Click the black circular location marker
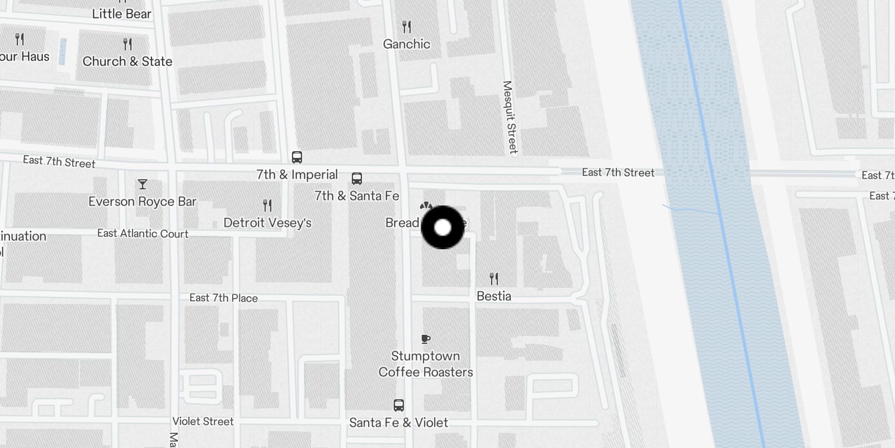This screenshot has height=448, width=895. [x=442, y=227]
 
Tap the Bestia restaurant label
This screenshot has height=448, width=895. [x=493, y=296]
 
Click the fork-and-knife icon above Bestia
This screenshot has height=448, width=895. [x=493, y=278]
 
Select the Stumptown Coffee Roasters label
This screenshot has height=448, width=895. [x=426, y=364]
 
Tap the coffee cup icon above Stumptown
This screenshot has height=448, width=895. [x=426, y=339]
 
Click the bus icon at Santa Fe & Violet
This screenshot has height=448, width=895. [x=399, y=405]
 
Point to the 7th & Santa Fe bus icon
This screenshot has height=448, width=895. [x=356, y=179]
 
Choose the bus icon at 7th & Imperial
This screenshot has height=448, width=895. [x=297, y=157]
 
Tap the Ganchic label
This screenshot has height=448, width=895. [x=407, y=44]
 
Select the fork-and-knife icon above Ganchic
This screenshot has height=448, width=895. [x=407, y=26]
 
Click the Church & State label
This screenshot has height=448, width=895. [x=128, y=62]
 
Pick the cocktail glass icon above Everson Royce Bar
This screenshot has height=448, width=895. [x=143, y=184]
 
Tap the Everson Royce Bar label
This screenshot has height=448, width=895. [x=142, y=202]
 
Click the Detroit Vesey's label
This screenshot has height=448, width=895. [x=267, y=223]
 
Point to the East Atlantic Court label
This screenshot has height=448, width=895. [x=143, y=234]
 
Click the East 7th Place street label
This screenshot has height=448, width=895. [x=223, y=298]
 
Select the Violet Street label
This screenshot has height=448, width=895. [x=202, y=422]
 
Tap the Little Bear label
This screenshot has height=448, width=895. [x=121, y=14]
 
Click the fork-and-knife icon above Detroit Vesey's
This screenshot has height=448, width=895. [x=267, y=206]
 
